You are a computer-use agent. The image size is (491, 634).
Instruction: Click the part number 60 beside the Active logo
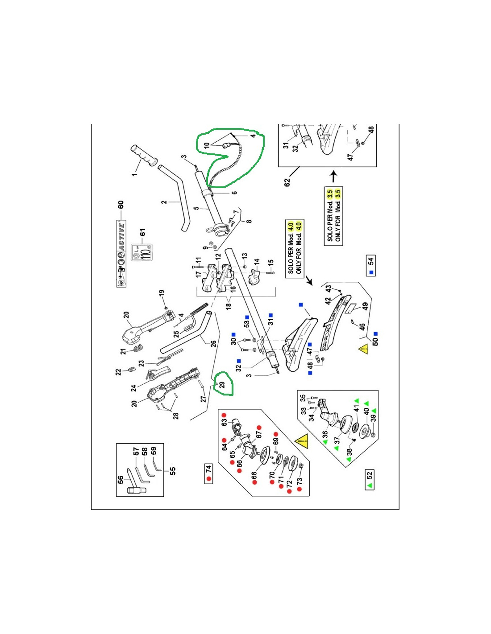[x=121, y=205]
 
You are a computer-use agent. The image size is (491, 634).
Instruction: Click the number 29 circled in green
[x=222, y=385]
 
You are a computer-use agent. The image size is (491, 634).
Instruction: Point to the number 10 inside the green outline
[x=207, y=145]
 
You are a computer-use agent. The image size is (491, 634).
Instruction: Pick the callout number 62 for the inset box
[x=287, y=182]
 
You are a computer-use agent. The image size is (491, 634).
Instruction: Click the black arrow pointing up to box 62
[x=333, y=177]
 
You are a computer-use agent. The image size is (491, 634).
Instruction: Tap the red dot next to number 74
[x=208, y=479]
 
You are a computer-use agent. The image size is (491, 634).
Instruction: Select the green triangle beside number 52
[x=370, y=485]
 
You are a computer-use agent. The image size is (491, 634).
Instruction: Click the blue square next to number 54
[x=371, y=272]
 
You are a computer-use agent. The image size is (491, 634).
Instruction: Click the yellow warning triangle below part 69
[x=302, y=442]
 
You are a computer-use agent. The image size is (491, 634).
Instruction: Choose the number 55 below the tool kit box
[x=173, y=470]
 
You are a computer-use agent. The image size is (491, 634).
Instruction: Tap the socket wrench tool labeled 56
[x=134, y=490]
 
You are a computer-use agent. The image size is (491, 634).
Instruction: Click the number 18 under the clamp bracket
[x=229, y=306]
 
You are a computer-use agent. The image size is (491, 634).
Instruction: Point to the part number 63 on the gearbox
[x=224, y=422]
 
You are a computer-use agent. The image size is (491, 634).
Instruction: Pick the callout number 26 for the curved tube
[x=213, y=343]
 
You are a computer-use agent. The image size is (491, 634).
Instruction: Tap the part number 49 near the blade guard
[x=366, y=307]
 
